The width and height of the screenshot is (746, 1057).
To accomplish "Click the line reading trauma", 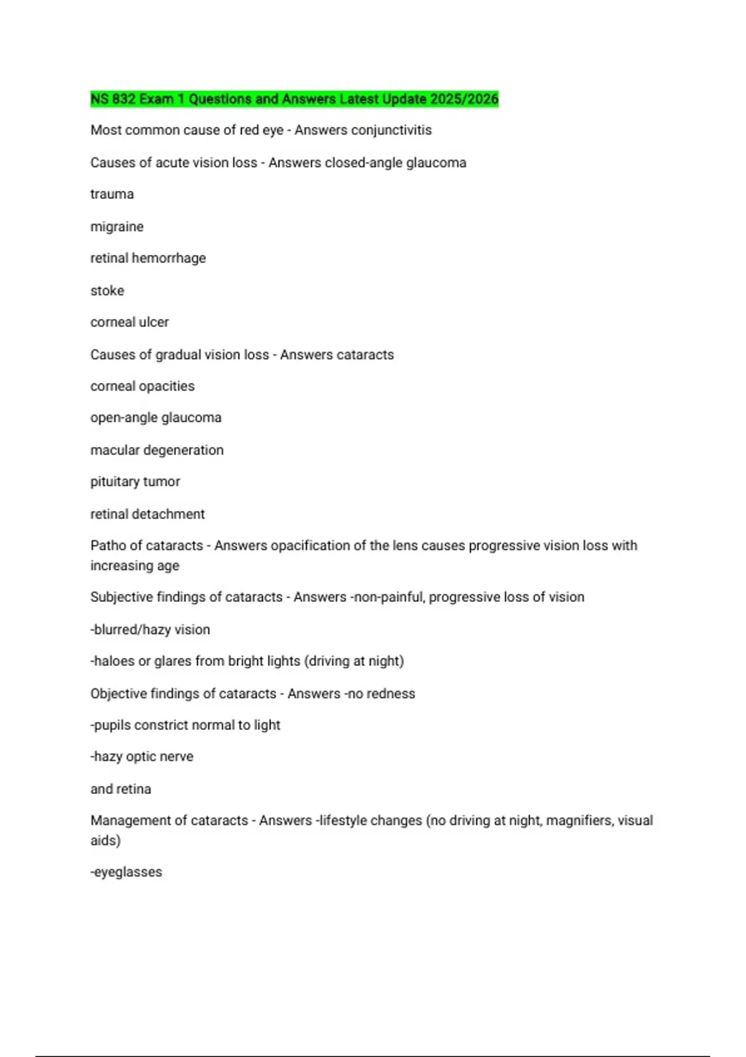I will tap(112, 194).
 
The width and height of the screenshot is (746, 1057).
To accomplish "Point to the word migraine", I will tap(117, 226).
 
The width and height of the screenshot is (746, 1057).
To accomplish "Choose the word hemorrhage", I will tap(168, 258).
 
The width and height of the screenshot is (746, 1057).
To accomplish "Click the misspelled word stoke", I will tap(107, 290).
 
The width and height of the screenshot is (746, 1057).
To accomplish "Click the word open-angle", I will tap(124, 418).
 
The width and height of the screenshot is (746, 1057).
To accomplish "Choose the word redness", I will tap(391, 693).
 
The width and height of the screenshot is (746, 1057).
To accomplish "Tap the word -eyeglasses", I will tap(126, 872).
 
